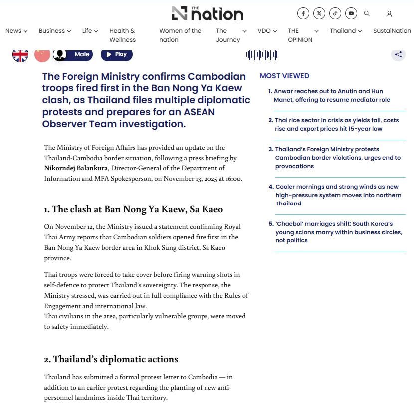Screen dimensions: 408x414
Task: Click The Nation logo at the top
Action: click(x=207, y=13)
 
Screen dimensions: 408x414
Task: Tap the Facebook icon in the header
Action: click(x=303, y=13)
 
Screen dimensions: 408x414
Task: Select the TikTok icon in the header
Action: click(x=335, y=13)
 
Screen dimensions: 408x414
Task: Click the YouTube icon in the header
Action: click(x=351, y=13)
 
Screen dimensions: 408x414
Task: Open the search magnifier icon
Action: click(x=367, y=13)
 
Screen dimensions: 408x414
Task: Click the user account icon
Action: click(x=389, y=14)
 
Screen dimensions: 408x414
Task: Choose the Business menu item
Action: click(x=55, y=31)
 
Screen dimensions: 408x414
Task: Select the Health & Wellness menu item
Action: click(x=123, y=35)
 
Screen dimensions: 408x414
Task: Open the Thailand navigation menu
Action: click(x=345, y=31)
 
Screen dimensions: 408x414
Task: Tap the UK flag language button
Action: click(x=20, y=55)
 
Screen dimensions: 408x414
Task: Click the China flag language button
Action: click(x=42, y=55)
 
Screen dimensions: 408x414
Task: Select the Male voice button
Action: click(x=74, y=54)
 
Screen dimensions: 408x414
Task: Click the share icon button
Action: click(x=398, y=55)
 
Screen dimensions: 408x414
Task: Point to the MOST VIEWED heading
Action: click(x=284, y=76)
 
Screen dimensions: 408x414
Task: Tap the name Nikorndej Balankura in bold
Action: click(x=76, y=168)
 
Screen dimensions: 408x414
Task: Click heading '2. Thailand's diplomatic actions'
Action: click(x=111, y=359)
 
